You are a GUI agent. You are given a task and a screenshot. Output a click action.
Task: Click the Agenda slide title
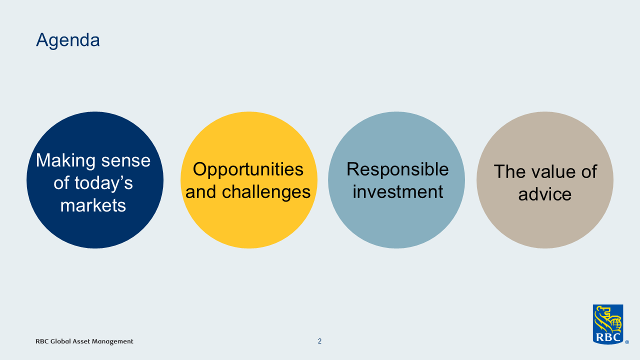(68, 40)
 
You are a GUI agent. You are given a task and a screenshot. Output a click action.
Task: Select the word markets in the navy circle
(93, 205)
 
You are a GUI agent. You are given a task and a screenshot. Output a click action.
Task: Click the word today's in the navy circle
(103, 183)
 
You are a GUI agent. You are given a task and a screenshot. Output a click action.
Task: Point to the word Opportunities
(248, 169)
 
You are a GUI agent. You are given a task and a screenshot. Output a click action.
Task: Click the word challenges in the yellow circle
(266, 192)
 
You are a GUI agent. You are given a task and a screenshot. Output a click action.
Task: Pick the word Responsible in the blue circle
(397, 169)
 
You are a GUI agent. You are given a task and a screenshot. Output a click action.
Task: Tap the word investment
(397, 191)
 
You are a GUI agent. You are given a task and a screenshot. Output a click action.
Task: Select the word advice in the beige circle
(545, 194)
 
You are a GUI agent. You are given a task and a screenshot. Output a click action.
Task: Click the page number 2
(319, 341)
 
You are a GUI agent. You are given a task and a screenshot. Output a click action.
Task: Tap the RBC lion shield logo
(608, 324)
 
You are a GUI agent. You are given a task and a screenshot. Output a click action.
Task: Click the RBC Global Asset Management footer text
(84, 341)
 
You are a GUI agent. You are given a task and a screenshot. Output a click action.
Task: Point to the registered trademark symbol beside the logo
(627, 342)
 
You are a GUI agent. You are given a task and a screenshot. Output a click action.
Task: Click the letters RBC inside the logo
(608, 337)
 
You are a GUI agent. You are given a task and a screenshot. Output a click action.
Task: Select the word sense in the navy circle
(126, 161)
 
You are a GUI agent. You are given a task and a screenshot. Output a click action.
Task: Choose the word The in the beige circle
(509, 172)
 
